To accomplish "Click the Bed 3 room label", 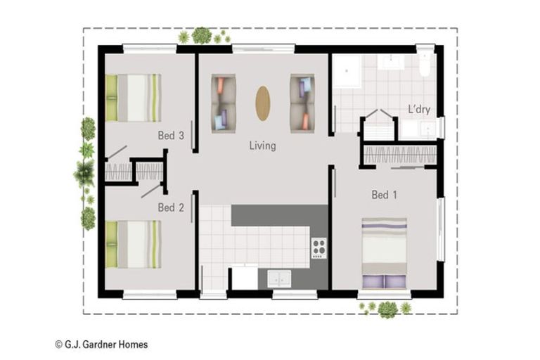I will pos(171,135).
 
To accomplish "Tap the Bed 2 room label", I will pos(171,207).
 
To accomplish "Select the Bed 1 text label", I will pos(384,195).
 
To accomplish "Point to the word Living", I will pos(262,146).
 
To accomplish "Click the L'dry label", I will pos(419,110).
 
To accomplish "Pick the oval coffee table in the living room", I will pos(262,103).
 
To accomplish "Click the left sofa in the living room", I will pos(224,103).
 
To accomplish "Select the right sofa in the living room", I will pos(302,103).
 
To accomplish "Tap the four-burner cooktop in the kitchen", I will pos(319,248).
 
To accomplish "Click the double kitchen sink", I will pos(280,278).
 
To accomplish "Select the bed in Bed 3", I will pos(133,98).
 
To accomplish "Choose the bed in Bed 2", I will pos(133,244).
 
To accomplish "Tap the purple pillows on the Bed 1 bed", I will pos(384,281).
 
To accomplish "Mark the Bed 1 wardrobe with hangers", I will pos(400,155).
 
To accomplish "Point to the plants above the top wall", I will pos(202,35).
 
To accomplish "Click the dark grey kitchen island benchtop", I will pos(279,215).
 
